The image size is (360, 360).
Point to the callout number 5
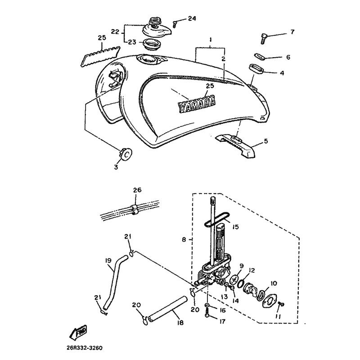coord(265,141)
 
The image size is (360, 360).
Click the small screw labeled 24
coord(176,22)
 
